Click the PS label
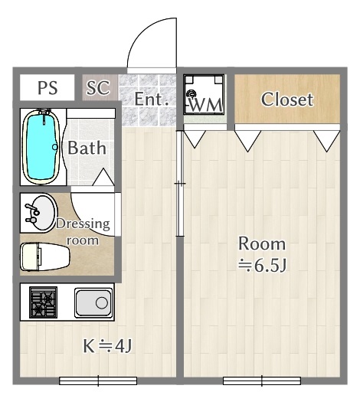point(47,88)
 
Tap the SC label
point(98,88)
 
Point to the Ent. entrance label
point(152,99)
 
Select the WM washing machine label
point(206,105)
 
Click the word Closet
point(287,100)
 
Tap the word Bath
point(87,148)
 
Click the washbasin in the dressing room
point(40,213)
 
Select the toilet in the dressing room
point(45,256)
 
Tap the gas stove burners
point(43,302)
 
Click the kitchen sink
point(93,302)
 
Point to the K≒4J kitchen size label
point(107,346)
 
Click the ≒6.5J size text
point(262,265)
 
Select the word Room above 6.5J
point(262,243)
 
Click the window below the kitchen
point(98,381)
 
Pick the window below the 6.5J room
point(262,381)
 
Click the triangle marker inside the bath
point(103,177)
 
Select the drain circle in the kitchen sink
point(102,302)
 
